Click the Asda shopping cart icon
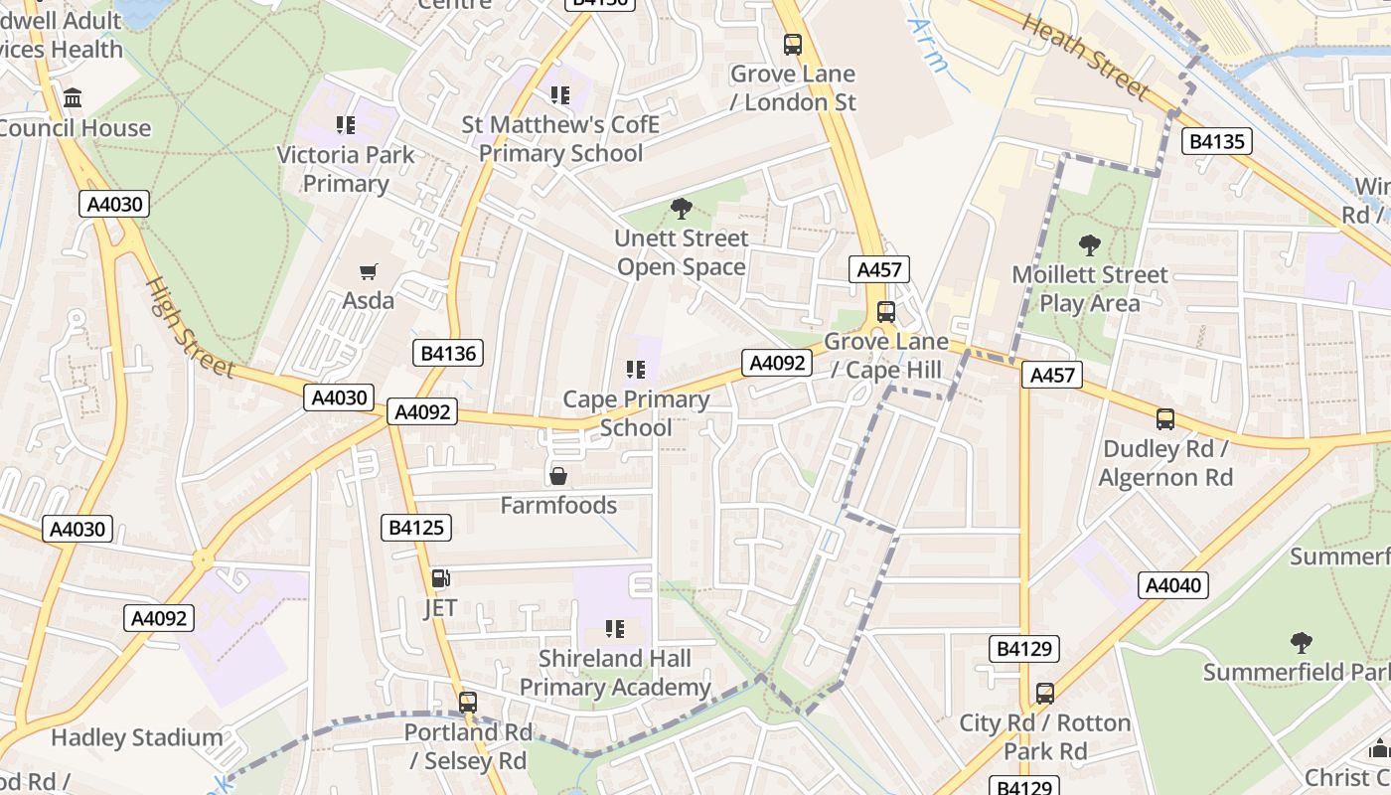coord(369,271)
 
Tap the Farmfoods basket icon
coord(558,476)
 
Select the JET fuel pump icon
coord(440,578)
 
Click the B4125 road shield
coord(415,528)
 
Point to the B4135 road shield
coord(1217,141)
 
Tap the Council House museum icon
coord(73,98)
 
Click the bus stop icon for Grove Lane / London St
coord(792,45)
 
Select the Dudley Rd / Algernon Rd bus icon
coord(1164,419)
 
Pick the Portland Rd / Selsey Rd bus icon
coord(468,703)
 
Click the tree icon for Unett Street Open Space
coord(682,209)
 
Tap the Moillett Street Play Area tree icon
coord(1090,244)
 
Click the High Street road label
coord(190,327)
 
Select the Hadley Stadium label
coord(136,737)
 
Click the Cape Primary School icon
coord(636,371)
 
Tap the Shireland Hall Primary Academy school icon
coord(615,629)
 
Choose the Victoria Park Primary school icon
coord(346,125)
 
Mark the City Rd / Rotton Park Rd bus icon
coord(1044,693)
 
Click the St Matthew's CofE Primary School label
coord(561,139)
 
